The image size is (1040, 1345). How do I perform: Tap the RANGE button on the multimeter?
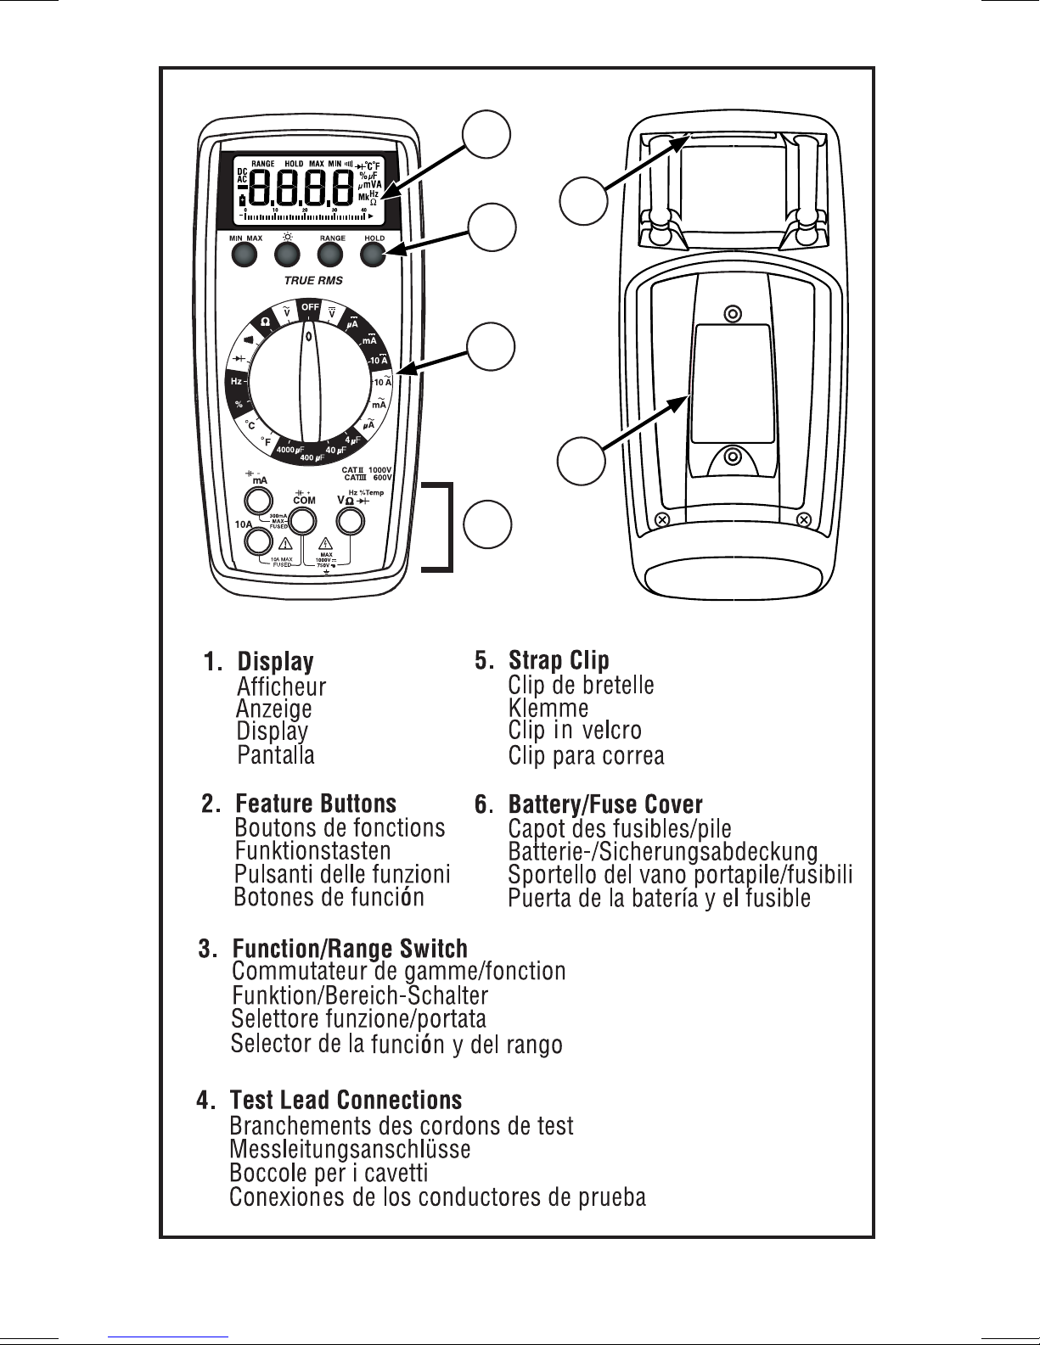[x=331, y=255]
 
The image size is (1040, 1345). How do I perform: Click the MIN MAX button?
[x=245, y=255]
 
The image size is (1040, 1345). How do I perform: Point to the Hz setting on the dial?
[x=237, y=382]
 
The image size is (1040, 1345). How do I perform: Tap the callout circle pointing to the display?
[x=486, y=135]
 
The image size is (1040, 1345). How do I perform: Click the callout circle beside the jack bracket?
[x=488, y=524]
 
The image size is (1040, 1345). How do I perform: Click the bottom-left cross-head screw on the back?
[x=665, y=519]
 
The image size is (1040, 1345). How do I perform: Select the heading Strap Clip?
[x=558, y=660]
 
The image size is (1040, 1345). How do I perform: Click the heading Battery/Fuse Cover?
[x=604, y=804]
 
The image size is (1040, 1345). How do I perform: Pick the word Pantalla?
[x=276, y=755]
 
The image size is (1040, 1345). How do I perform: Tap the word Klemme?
[x=548, y=708]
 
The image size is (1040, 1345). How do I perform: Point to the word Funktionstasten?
[x=312, y=850]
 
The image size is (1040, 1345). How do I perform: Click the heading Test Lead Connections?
[x=346, y=1101]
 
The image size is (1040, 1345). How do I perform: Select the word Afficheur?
[x=281, y=686]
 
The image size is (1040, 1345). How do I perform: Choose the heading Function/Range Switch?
[x=349, y=948]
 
